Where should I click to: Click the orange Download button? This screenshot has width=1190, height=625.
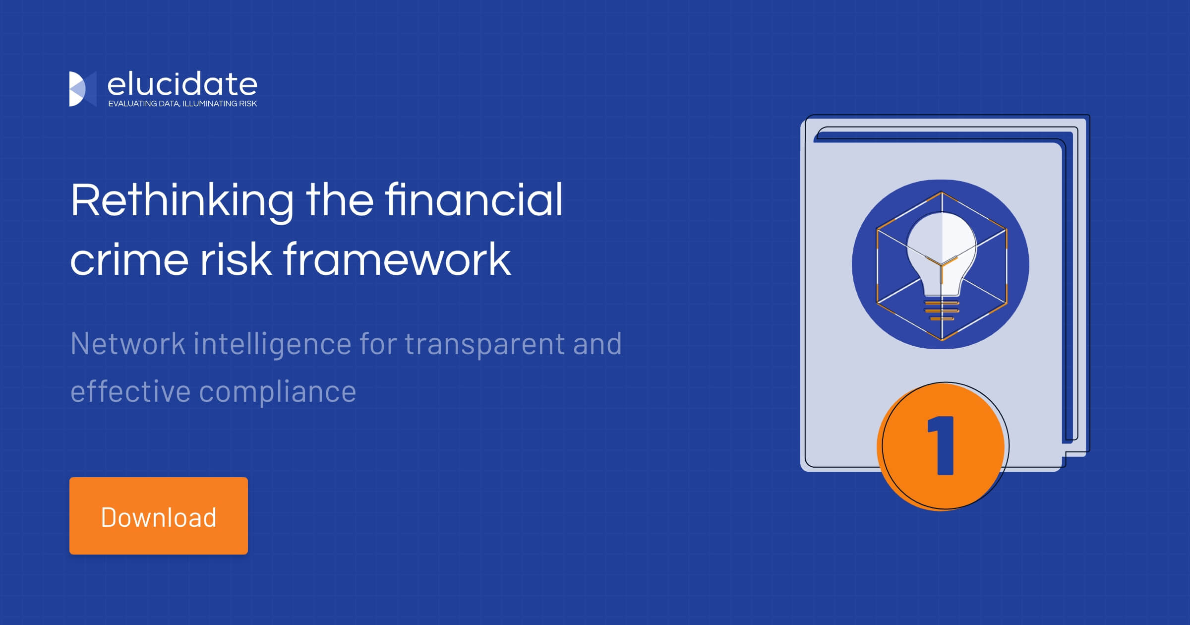point(158,515)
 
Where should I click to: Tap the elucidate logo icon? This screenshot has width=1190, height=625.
point(82,89)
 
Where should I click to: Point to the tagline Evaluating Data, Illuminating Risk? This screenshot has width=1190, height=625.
point(182,104)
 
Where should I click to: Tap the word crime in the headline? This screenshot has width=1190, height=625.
point(129,259)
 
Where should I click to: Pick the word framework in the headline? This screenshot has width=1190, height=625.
point(397,259)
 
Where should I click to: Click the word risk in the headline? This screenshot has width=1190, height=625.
point(236,259)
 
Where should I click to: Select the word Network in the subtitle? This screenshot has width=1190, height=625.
point(128,344)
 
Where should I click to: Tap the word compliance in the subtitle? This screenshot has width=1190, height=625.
point(277,392)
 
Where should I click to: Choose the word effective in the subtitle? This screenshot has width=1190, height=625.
point(130,391)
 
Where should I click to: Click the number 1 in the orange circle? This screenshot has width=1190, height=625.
point(942,445)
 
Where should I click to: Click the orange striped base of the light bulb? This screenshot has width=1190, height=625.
point(941,311)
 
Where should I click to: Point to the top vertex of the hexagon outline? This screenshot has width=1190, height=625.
point(941,191)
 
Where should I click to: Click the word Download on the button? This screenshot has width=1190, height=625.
point(158,517)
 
